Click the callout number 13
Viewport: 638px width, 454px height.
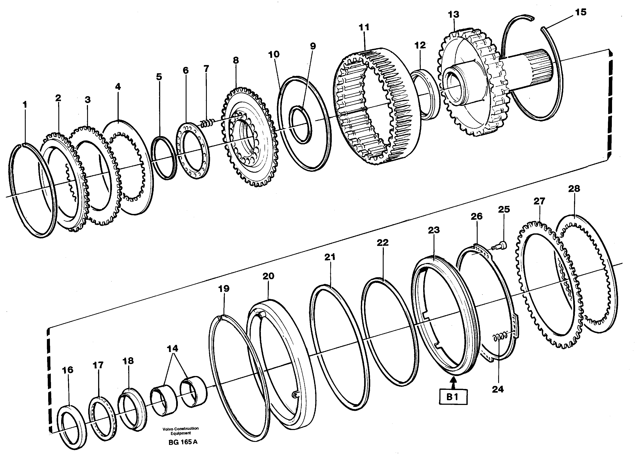point(453,14)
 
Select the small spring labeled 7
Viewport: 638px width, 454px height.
point(207,123)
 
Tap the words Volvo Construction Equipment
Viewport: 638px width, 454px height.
point(181,430)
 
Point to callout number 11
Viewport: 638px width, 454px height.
point(364,27)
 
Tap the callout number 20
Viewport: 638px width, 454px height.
point(268,276)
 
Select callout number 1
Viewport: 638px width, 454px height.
point(25,105)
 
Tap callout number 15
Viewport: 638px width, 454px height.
point(581,12)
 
